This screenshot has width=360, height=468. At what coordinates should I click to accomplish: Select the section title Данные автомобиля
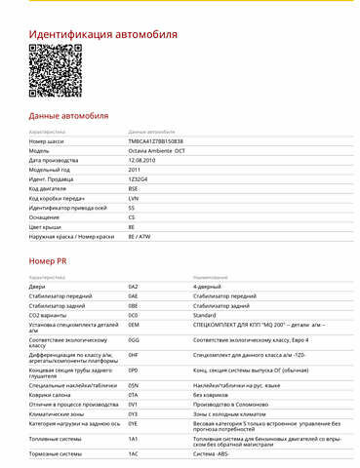click(67, 115)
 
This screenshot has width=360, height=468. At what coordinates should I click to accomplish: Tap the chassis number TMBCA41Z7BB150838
click(155, 141)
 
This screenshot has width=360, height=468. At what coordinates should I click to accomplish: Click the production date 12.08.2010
click(143, 160)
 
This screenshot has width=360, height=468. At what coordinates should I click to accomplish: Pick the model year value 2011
click(134, 170)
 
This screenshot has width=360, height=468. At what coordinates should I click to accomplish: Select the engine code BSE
click(133, 188)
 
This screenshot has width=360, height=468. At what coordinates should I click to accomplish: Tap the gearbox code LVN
click(133, 198)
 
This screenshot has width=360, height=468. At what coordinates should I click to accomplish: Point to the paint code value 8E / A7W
click(140, 235)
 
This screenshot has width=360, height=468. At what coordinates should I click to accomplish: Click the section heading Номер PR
click(50, 262)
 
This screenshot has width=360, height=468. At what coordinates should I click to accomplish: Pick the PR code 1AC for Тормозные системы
click(134, 453)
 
